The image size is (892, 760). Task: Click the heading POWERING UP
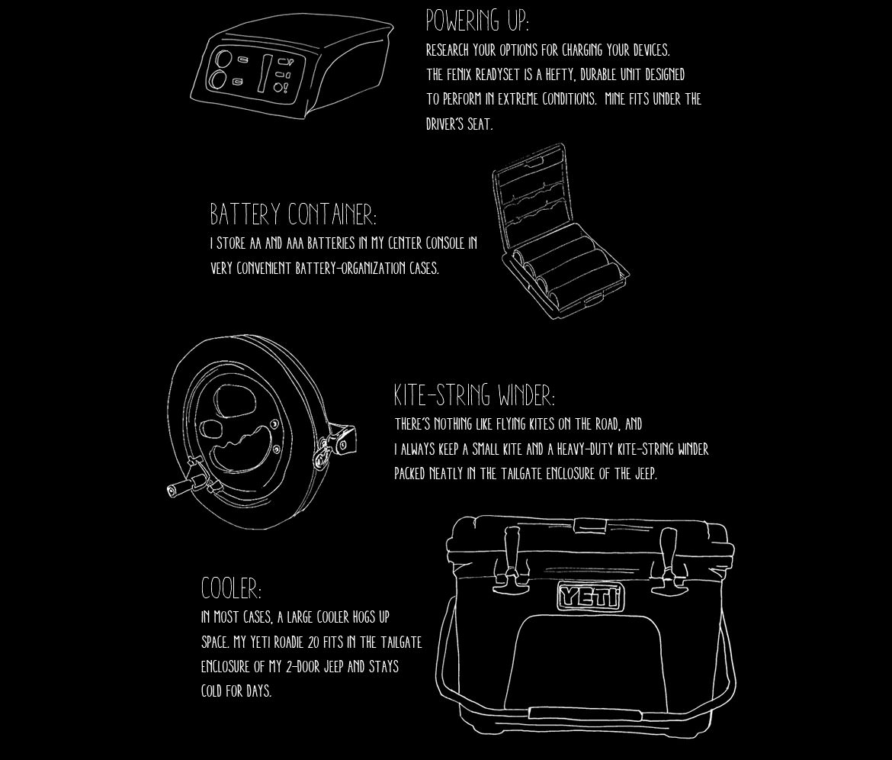[476, 21]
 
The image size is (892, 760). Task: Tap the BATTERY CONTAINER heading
[293, 214]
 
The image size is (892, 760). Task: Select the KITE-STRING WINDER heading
[474, 395]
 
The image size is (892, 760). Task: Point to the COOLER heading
[231, 589]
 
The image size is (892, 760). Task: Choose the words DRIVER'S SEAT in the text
[459, 124]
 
